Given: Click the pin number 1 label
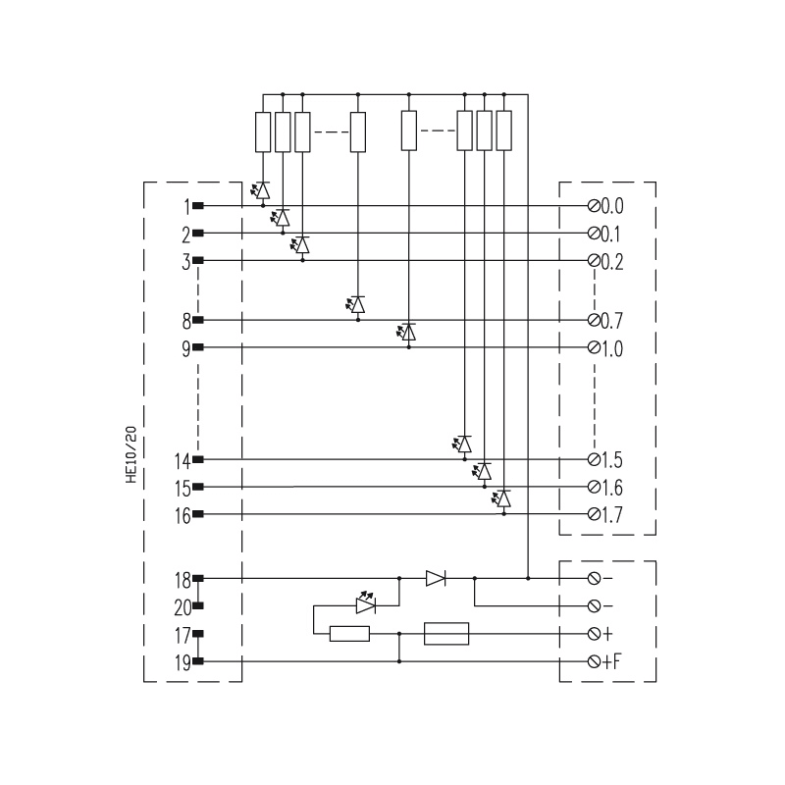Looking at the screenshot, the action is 187,206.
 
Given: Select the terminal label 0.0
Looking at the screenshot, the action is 611,206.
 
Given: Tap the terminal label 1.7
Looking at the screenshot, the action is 611,514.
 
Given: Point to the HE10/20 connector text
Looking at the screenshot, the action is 131,454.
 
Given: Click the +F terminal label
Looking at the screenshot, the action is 611,661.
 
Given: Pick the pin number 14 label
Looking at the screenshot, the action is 183,460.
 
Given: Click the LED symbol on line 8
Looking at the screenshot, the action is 355,305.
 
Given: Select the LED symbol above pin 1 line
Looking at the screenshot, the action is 261,190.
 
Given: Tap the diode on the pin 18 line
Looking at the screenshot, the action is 436,578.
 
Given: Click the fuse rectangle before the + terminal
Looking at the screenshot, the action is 446,633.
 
